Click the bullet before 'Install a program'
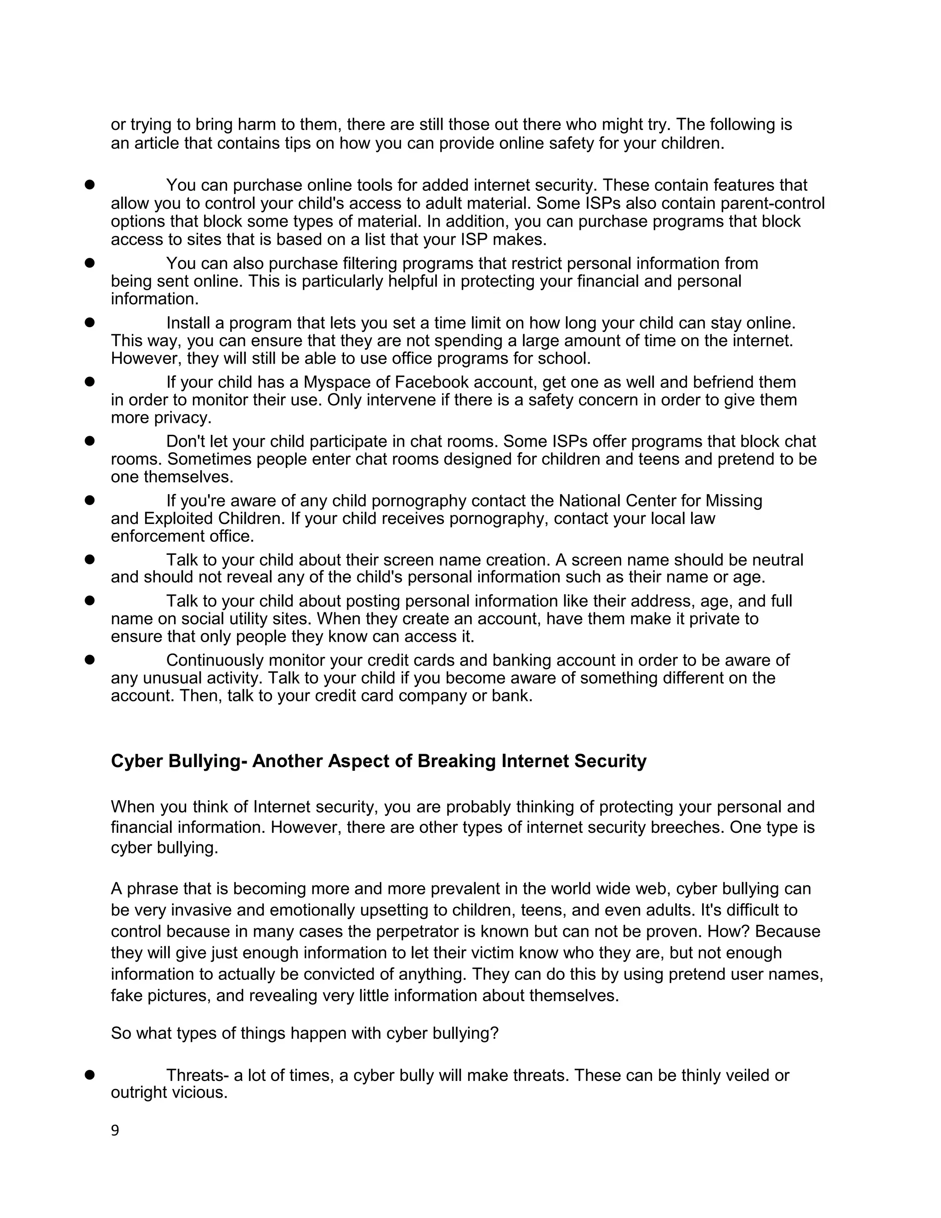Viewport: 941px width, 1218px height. (x=89, y=322)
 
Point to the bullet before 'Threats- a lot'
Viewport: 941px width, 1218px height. (x=89, y=1075)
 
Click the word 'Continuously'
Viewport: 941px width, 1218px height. (x=215, y=660)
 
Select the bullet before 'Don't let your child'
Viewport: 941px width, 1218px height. (x=89, y=441)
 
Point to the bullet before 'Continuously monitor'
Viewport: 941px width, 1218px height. (x=89, y=660)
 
